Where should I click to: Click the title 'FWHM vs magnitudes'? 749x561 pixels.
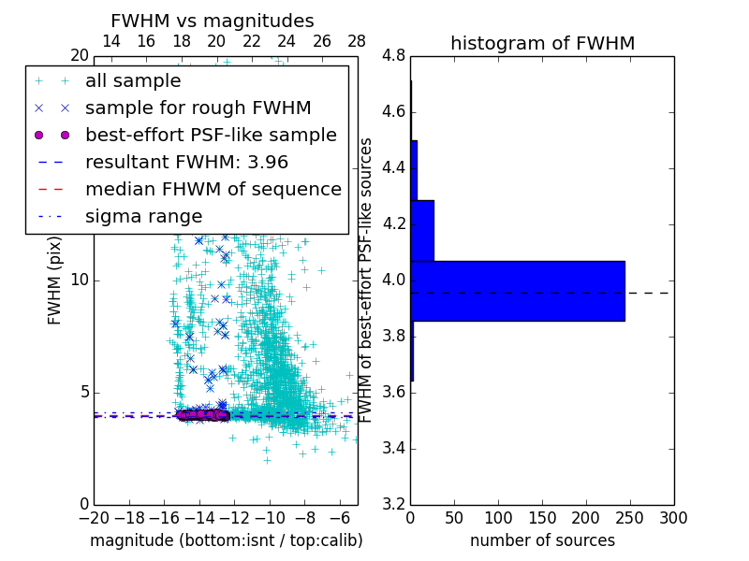pos(212,21)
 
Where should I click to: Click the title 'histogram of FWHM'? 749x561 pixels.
pos(542,43)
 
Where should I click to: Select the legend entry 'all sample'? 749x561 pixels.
pos(133,81)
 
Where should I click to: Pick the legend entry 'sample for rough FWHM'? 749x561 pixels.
pos(198,108)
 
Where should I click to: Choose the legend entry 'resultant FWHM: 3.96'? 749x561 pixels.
pos(191,162)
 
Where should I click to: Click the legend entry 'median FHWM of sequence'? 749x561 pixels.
pos(213,189)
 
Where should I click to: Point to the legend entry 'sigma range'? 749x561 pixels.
pos(143,216)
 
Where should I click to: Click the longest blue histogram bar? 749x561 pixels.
pos(517,291)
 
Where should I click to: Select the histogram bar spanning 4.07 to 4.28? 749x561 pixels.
pos(422,230)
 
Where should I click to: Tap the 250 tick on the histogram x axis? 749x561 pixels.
pos(630,517)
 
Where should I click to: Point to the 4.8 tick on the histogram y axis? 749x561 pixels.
pos(393,56)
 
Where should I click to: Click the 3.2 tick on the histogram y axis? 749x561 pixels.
pos(393,504)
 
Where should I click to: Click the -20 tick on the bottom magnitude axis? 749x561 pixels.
pos(94,517)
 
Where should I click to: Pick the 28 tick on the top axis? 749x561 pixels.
pos(357,41)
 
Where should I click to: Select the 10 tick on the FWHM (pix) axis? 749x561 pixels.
pos(80,280)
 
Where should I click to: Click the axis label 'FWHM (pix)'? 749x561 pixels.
pos(54,280)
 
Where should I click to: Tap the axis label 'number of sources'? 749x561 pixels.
pos(542,540)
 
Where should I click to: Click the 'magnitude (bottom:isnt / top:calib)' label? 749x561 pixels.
pos(226,540)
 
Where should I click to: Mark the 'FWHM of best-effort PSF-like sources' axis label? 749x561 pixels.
pos(367,280)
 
